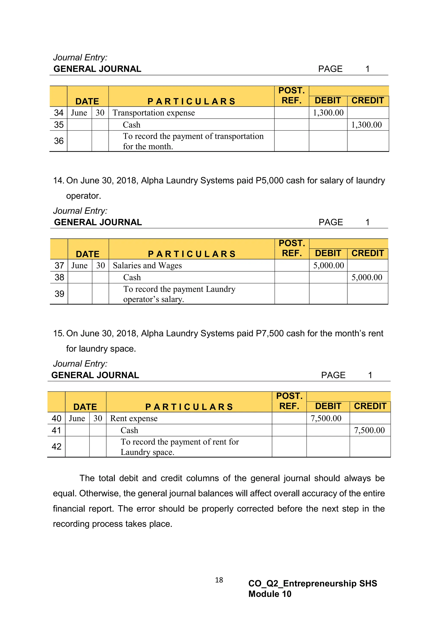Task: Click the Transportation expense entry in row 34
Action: coord(154,113)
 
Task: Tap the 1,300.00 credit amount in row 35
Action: coord(366,125)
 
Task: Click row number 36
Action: coord(59,141)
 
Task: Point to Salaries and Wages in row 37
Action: coord(147,266)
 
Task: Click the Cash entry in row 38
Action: coord(132,278)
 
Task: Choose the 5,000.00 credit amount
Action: coord(367,278)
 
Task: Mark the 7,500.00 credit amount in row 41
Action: coord(369,430)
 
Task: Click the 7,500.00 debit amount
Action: coord(326,418)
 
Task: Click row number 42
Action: coord(56,447)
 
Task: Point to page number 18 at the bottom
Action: coord(219,580)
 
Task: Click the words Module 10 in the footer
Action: coord(270,594)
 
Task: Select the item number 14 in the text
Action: coord(58,181)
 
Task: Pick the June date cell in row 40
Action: coord(77,418)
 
